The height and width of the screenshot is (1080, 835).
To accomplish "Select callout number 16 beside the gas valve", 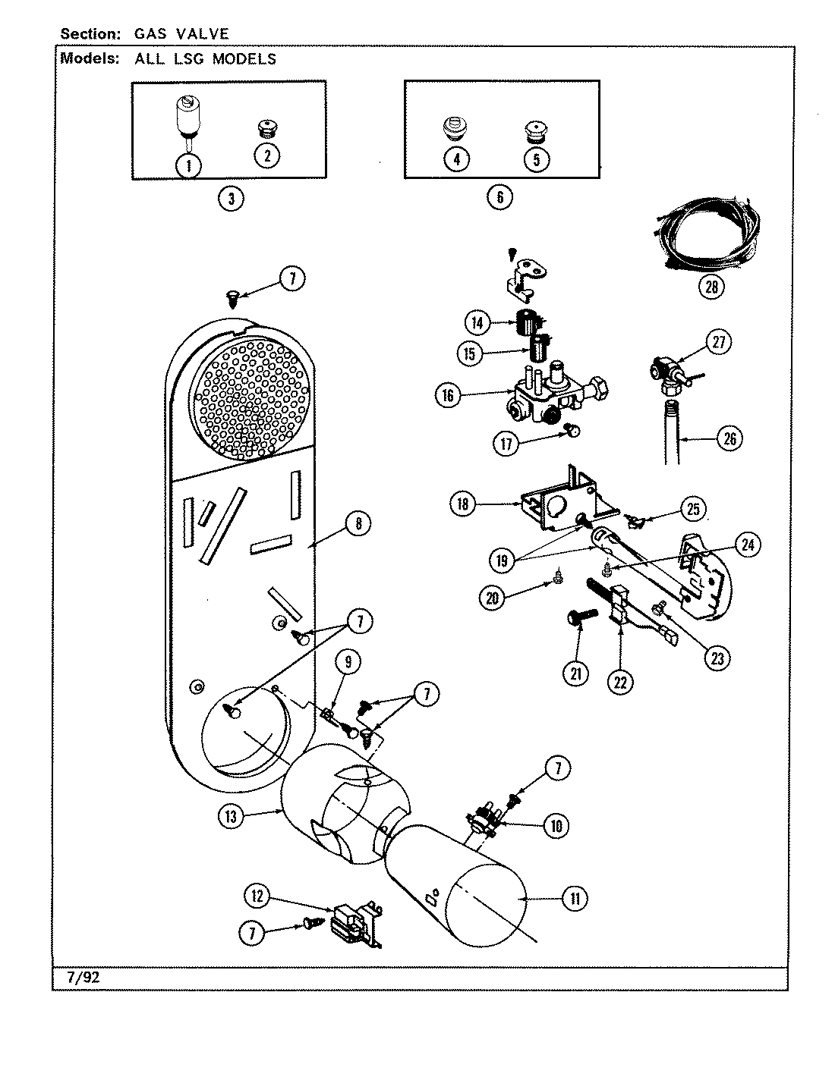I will tap(449, 394).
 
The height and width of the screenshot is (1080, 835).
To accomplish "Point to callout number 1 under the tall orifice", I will tap(188, 165).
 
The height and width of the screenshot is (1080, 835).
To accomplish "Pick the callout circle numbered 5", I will tap(537, 159).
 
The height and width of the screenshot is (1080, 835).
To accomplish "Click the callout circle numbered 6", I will tap(499, 197).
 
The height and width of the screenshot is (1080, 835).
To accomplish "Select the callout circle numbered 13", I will tap(232, 817).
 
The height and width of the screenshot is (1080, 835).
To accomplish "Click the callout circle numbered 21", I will tap(575, 672).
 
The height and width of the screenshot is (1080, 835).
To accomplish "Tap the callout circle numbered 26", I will tap(729, 438).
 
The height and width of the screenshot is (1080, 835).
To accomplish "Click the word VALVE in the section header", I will tap(203, 33).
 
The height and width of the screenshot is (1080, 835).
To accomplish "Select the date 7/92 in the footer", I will tap(83, 978).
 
